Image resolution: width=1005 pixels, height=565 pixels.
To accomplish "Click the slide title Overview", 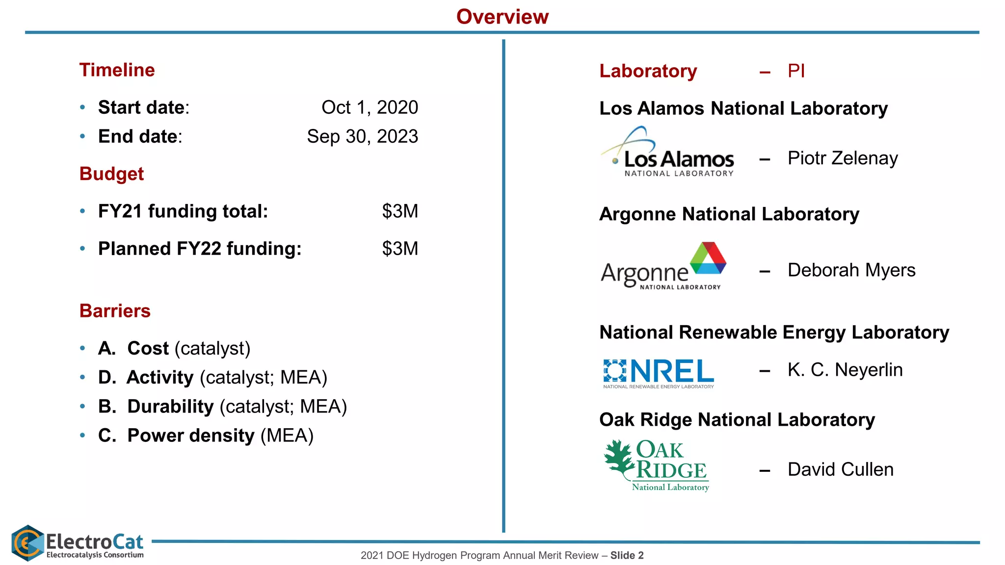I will tap(502, 17).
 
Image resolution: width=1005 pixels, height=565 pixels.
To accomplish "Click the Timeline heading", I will tap(117, 70).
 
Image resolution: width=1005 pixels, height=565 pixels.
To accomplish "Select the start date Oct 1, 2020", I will tap(370, 107).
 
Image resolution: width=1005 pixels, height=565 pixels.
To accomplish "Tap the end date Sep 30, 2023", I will tap(362, 136).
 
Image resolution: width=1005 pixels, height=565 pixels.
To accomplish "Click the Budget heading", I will tap(111, 174).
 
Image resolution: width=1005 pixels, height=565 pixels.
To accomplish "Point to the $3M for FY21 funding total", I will tap(400, 211).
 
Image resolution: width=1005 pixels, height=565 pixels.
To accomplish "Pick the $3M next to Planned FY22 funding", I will tap(400, 249).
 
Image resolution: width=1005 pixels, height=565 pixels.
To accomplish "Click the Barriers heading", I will tap(115, 311).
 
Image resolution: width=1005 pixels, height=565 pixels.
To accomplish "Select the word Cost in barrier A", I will tap(148, 348).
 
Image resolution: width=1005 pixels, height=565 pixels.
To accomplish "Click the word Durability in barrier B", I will tap(170, 407).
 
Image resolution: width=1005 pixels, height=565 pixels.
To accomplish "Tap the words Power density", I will tap(191, 436).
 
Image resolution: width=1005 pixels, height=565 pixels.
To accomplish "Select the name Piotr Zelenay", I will tap(842, 158).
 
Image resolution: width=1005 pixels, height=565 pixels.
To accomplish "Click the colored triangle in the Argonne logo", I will tap(708, 258).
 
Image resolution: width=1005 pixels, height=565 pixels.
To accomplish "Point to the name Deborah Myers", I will tap(851, 270).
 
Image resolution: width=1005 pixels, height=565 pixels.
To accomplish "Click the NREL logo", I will tap(658, 373).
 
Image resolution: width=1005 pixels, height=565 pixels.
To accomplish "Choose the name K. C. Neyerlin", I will tap(845, 370).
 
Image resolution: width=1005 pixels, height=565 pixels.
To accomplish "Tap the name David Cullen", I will tap(840, 469).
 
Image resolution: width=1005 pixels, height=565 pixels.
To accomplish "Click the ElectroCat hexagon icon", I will tap(27, 543).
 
